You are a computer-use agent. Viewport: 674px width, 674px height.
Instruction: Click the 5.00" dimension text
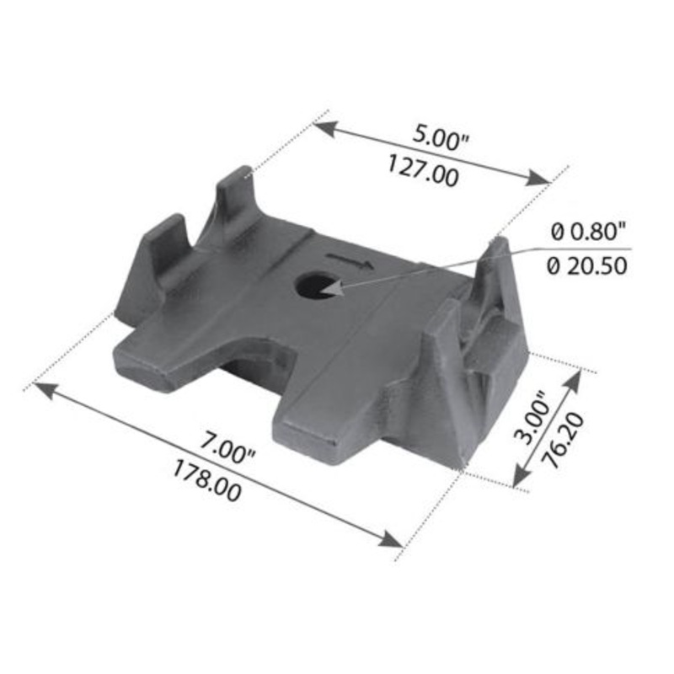[441, 137]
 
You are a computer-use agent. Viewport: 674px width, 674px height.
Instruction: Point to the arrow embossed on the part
[347, 259]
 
